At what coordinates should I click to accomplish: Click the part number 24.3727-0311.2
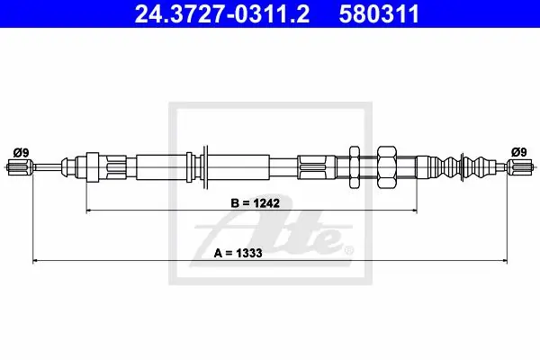pos(221,13)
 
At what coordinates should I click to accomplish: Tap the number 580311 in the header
pos(379,13)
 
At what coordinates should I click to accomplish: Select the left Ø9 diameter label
pos(22,152)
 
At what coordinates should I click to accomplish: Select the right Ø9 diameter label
pos(519,152)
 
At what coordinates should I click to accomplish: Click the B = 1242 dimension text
pos(255,202)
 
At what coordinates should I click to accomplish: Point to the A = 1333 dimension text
pos(238,253)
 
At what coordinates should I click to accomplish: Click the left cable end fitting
pos(20,167)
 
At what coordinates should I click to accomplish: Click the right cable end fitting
pos(520,167)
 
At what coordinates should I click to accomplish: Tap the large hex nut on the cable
pos(387,167)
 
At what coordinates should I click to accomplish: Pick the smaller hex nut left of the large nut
pos(355,167)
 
